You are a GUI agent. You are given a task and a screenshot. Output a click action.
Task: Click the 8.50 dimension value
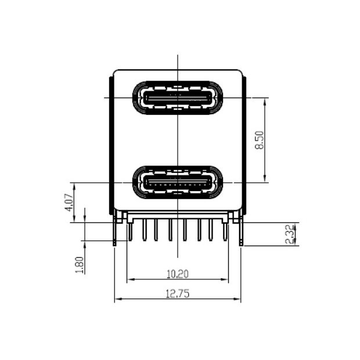tap(260, 141)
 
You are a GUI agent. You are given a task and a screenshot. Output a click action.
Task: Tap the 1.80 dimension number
tap(80, 264)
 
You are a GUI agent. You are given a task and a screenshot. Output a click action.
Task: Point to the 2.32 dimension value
tap(291, 234)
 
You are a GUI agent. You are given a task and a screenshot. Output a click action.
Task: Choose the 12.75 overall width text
tap(177, 294)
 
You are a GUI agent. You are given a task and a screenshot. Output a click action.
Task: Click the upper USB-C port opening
tap(177, 97)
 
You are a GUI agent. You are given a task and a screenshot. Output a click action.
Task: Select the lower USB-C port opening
tap(177, 182)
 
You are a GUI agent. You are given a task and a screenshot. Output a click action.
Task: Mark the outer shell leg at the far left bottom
tap(115, 232)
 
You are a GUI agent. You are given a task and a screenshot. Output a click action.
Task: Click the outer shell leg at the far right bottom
tap(240, 232)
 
